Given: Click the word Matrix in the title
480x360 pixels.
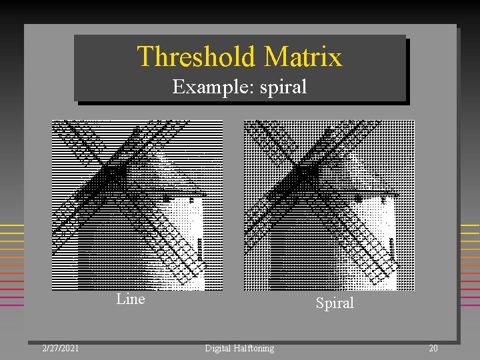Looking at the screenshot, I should pyautogui.click(x=303, y=57).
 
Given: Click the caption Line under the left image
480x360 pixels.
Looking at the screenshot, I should pyautogui.click(x=131, y=299).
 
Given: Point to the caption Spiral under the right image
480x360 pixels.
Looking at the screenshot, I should pyautogui.click(x=335, y=303).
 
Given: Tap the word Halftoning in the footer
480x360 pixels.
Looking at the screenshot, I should pyautogui.click(x=255, y=348).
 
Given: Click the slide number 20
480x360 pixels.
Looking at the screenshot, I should pyautogui.click(x=433, y=348).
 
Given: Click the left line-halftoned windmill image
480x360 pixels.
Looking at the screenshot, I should pyautogui.click(x=137, y=205).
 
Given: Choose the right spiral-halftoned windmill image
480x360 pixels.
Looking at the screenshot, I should pyautogui.click(x=329, y=205).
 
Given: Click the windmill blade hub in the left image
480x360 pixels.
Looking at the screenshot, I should pyautogui.click(x=115, y=172).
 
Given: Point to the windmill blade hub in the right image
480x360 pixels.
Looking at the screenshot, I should pyautogui.click(x=306, y=172).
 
